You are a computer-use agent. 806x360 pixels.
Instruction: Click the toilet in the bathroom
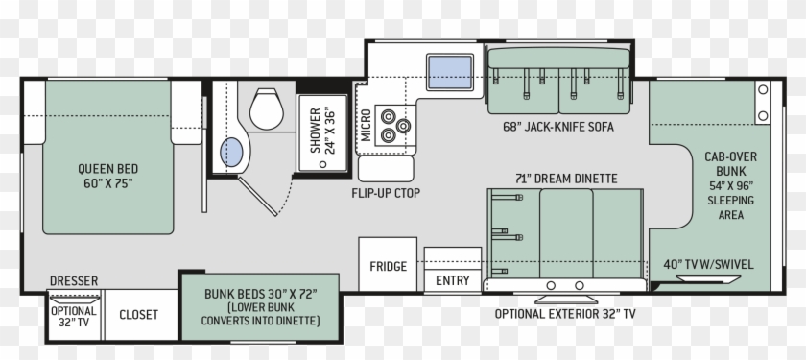[267, 108]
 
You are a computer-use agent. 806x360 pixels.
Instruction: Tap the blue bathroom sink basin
[231, 153]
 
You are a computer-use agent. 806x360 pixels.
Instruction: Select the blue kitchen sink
[450, 72]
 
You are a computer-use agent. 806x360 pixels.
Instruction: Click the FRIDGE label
[388, 266]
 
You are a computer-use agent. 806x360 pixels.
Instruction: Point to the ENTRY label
[452, 280]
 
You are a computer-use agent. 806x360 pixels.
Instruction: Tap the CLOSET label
[139, 314]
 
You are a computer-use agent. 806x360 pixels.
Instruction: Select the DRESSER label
[74, 280]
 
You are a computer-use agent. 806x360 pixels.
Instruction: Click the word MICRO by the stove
[366, 125]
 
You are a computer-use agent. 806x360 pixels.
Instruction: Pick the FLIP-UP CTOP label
[386, 193]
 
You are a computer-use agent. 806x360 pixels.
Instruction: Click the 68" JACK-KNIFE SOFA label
[558, 127]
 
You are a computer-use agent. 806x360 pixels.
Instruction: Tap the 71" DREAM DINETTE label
[566, 179]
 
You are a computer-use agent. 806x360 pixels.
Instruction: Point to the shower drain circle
[322, 164]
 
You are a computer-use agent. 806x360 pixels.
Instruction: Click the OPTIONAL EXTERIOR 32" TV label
[565, 313]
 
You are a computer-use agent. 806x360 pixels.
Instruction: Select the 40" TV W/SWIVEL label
[708, 264]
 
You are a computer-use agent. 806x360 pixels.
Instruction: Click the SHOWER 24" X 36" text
[322, 131]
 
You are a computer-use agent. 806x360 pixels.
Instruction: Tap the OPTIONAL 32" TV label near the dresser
[74, 317]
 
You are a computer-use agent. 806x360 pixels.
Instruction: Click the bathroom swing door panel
[257, 196]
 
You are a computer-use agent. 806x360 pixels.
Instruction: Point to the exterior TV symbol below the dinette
[566, 300]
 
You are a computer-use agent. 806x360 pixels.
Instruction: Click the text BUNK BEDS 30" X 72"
[261, 294]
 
